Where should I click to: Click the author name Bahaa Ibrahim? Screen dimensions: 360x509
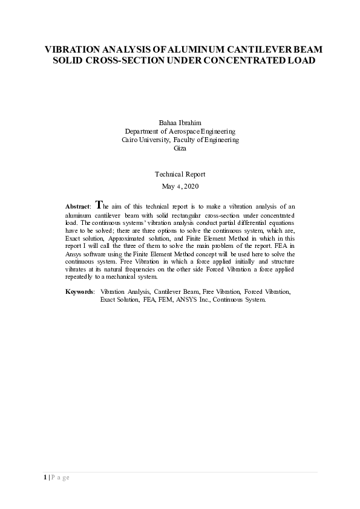(180, 122)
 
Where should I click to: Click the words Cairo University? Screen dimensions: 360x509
(142, 140)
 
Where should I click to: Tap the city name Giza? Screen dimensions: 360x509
(180, 148)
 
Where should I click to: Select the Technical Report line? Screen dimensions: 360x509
(180, 174)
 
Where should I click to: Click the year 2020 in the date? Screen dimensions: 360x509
(190, 186)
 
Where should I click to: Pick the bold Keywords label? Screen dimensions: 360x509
(79, 292)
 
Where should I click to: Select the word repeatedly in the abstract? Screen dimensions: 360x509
(79, 277)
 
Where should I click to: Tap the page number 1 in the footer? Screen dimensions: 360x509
(44, 478)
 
